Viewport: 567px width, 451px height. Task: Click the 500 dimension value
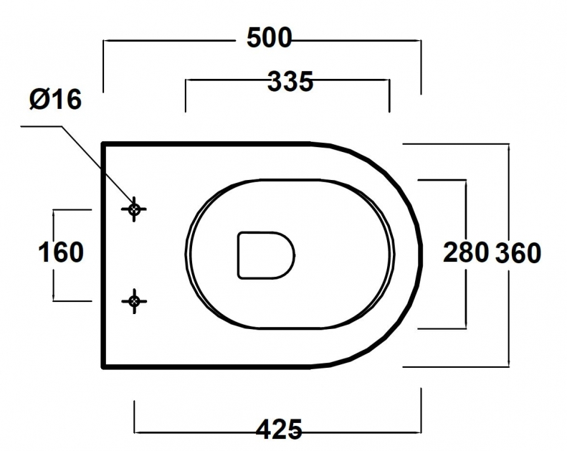(269, 38)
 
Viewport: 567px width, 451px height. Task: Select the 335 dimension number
(290, 82)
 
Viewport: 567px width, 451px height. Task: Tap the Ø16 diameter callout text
(55, 100)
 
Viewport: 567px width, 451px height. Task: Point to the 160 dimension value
(60, 252)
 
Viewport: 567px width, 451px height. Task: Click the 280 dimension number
(466, 252)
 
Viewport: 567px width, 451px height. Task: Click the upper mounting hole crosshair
(134, 209)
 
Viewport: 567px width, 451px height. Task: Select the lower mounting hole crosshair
(134, 301)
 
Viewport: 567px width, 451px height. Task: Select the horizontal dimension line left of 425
(194, 432)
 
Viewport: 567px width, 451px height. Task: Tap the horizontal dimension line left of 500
(172, 41)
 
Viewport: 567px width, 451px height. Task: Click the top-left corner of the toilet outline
(104, 144)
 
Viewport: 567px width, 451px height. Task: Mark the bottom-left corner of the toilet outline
(104, 366)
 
